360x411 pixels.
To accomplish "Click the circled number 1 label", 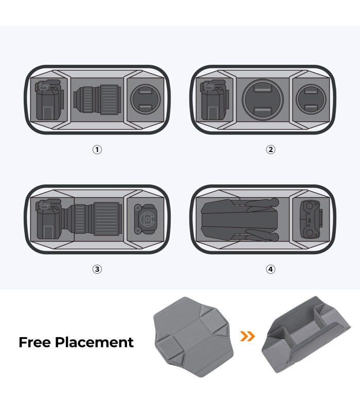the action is point(97,150).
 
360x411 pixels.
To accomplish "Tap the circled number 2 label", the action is point(271,150).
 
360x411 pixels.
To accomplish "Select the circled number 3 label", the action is point(97,269).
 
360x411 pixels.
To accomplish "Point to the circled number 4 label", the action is point(271,269).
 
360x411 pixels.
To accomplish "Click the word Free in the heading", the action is point(34,342).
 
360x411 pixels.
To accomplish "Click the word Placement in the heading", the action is point(95,342).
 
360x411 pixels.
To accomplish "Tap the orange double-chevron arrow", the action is point(247,336).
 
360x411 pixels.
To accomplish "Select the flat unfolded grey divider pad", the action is point(193,337).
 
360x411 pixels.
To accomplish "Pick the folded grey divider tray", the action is point(306,334).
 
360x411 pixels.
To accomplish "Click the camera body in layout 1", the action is point(49,100).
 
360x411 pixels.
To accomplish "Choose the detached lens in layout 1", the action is point(97,100).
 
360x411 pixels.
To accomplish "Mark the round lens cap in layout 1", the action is point(146,99).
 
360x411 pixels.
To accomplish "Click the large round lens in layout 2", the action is point(263,100).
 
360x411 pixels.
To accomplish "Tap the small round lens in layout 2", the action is point(311,99).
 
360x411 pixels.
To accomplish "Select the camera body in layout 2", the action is point(214,100).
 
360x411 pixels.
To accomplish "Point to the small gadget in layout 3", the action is point(146,219).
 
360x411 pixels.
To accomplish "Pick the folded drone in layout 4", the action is point(240,220).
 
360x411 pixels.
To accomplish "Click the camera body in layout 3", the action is point(50,219).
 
